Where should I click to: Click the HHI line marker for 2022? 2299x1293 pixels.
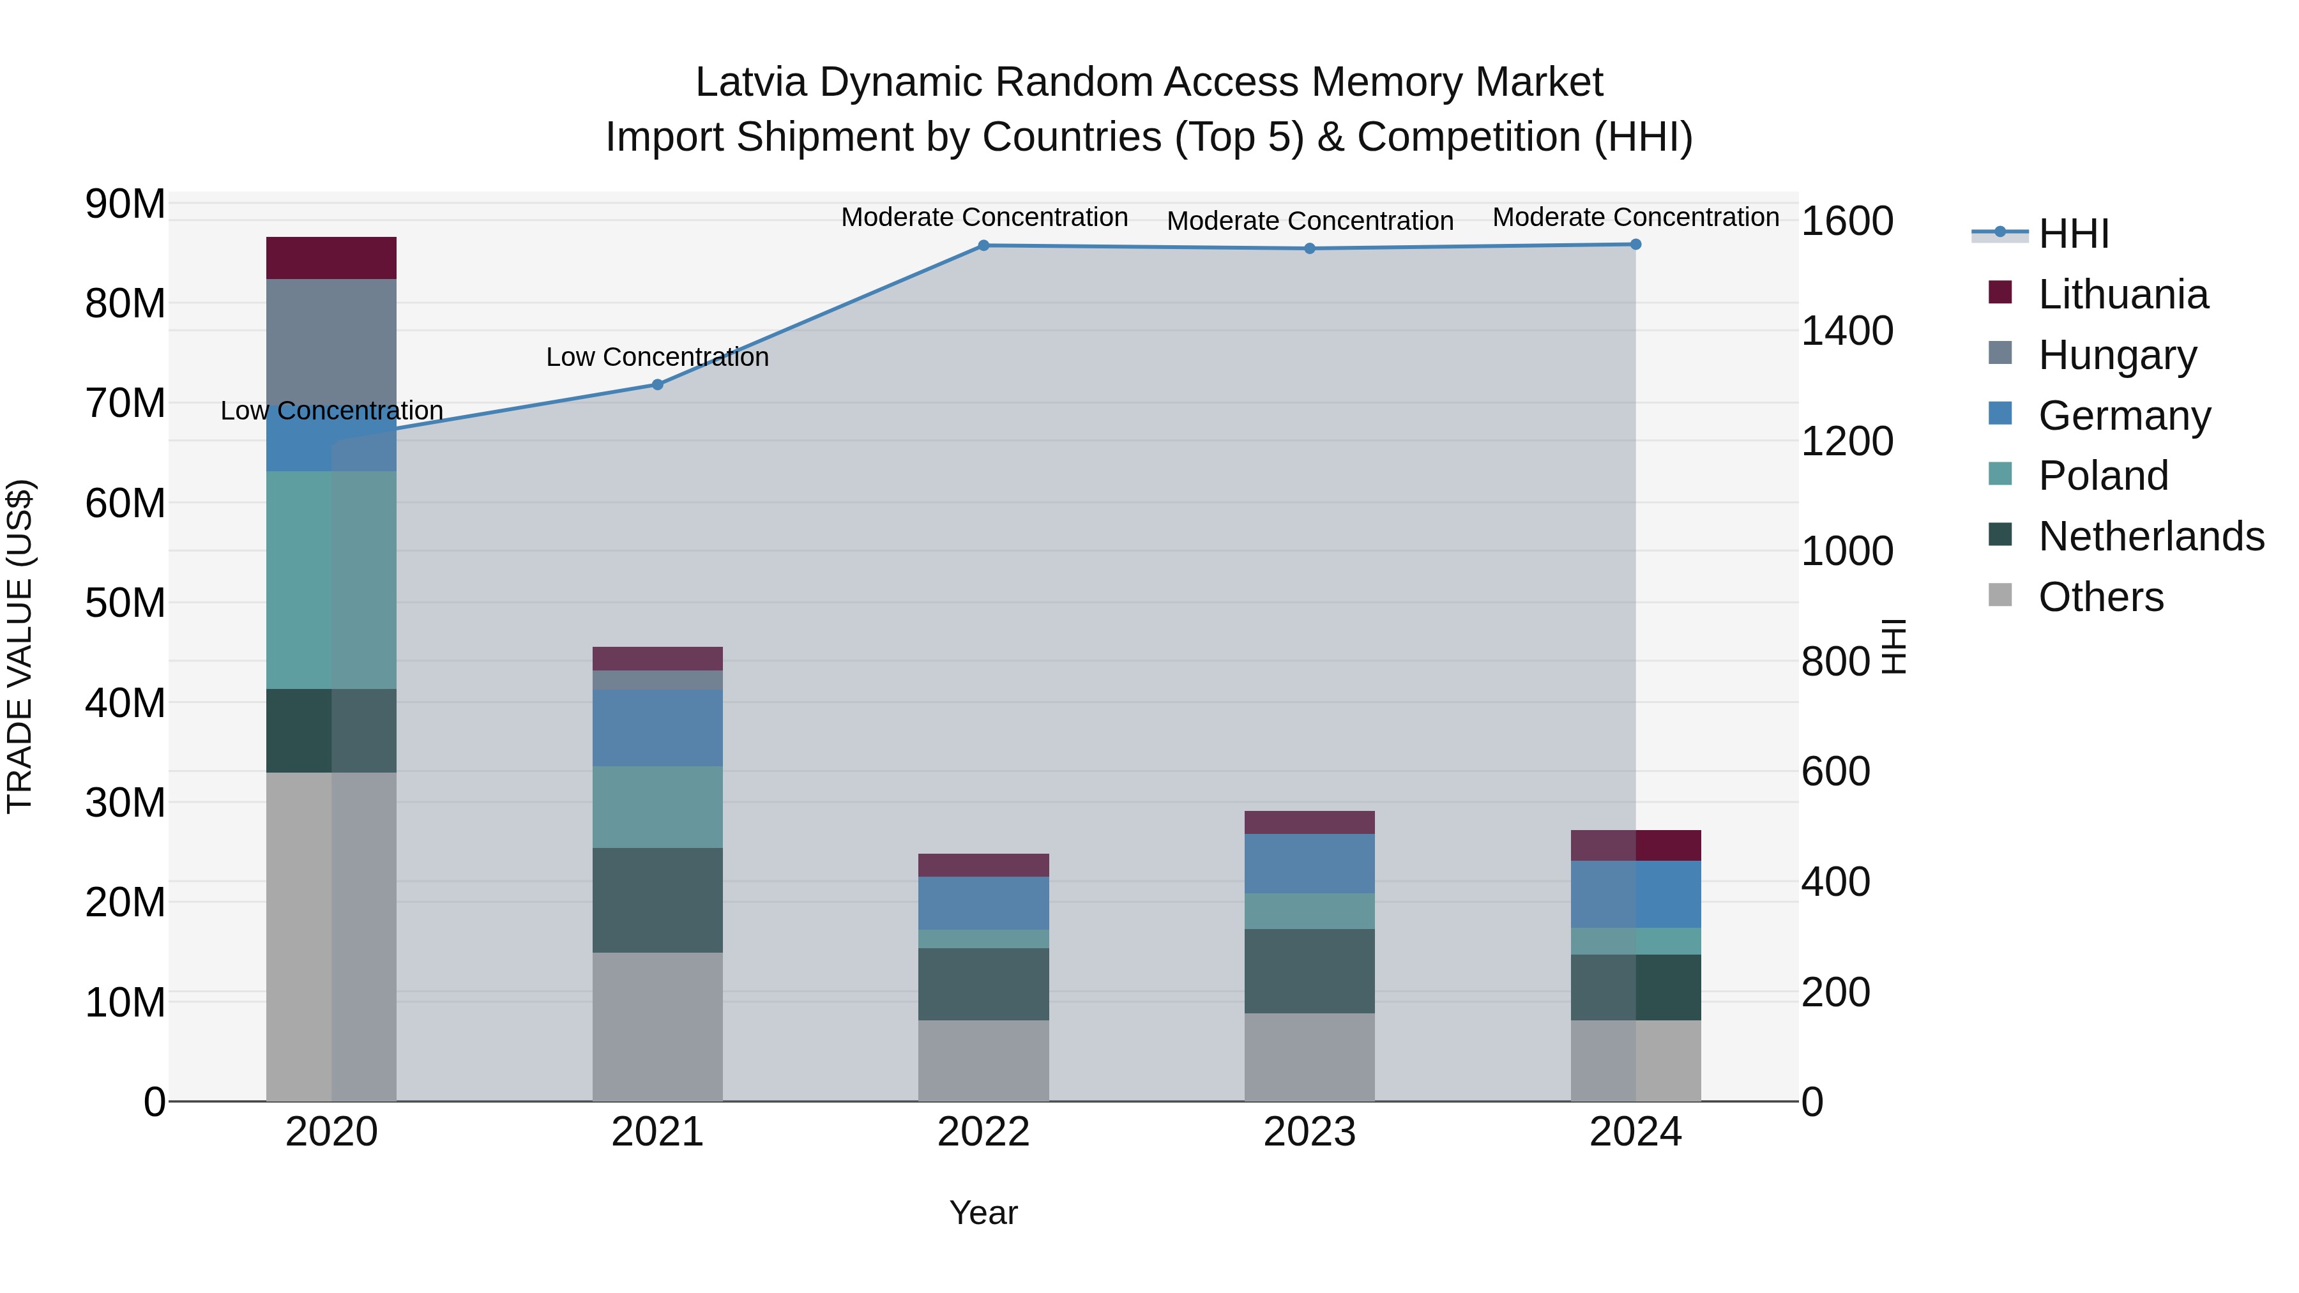pos(983,245)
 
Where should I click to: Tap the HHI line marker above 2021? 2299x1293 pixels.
pos(657,384)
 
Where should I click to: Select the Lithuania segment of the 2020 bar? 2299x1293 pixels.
pos(331,258)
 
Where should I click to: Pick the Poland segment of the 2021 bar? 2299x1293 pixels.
pos(657,806)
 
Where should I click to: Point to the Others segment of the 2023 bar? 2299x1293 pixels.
pos(1309,1057)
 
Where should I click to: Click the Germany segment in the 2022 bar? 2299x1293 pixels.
pos(983,903)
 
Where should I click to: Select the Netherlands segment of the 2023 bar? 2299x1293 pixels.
pos(1309,971)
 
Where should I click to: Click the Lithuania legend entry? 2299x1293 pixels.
pos(2122,294)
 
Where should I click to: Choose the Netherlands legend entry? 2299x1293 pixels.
pos(2151,536)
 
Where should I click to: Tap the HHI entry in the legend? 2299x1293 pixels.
pos(2073,234)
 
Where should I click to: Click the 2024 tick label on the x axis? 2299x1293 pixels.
pos(1635,1132)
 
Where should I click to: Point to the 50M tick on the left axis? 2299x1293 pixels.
pos(125,603)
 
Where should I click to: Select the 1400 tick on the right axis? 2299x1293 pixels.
pos(1846,331)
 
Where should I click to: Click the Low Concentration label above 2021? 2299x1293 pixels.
pos(657,357)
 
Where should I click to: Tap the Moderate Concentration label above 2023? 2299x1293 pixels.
pos(1309,220)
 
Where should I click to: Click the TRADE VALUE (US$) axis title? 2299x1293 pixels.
pos(20,646)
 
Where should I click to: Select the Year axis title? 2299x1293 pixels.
pos(983,1213)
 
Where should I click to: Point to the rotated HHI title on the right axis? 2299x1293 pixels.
pos(1893,646)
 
